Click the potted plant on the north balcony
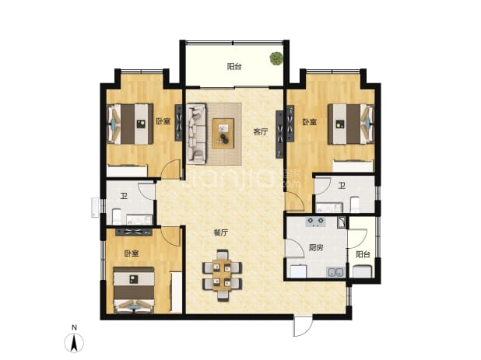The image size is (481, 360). click(x=276, y=58)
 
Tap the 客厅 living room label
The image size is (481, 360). click(x=261, y=132)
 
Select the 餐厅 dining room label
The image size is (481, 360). click(x=220, y=232)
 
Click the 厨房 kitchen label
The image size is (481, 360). click(x=316, y=247)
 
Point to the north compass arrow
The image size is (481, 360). click(x=74, y=344)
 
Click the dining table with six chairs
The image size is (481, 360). click(x=223, y=274)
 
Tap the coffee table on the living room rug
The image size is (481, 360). click(x=223, y=134)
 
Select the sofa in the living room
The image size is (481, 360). click(x=196, y=133)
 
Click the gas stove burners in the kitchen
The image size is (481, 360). click(x=316, y=221)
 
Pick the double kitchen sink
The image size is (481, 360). click(x=336, y=272)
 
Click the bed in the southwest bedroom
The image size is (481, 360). click(x=134, y=290)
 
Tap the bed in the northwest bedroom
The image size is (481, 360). click(x=130, y=124)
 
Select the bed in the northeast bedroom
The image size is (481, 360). click(x=351, y=124)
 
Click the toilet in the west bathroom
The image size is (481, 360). click(x=117, y=217)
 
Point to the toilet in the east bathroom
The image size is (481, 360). click(x=355, y=204)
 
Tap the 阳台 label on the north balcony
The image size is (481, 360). click(x=234, y=67)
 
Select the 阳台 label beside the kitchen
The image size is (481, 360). click(x=363, y=254)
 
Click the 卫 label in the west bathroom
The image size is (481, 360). click(x=124, y=196)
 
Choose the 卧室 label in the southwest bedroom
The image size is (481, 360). click(x=132, y=253)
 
